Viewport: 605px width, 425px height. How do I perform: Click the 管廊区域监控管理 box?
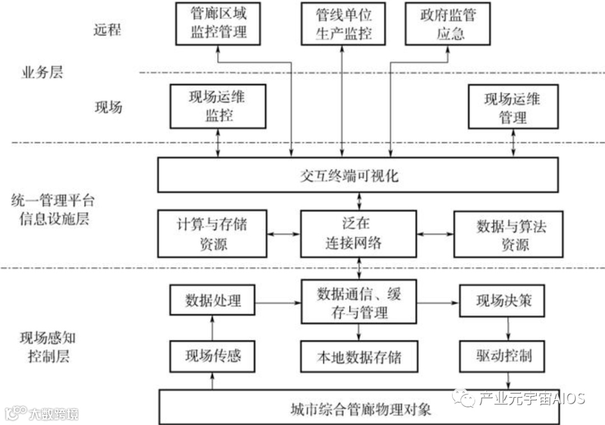(x=218, y=23)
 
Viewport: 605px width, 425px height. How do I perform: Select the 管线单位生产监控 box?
(x=343, y=23)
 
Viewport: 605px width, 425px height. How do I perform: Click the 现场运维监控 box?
(x=218, y=106)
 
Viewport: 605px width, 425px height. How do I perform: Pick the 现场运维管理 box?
(x=513, y=106)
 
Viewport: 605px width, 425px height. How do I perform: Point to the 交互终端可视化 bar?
(x=359, y=175)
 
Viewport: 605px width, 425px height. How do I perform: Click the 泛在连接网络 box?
(x=359, y=234)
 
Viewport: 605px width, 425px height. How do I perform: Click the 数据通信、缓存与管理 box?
(x=359, y=303)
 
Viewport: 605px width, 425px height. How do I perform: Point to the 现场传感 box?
(x=213, y=355)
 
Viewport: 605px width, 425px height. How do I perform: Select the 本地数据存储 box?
(x=359, y=356)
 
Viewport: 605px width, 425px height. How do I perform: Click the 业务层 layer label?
(x=42, y=72)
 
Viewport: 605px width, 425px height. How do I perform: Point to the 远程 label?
(x=107, y=30)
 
